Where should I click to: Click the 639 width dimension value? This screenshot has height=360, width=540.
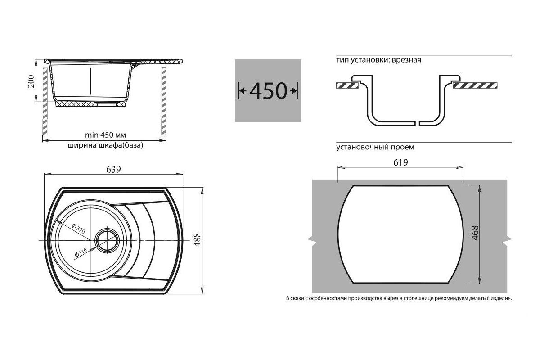tap(113, 170)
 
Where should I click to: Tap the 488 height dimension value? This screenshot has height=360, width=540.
tap(197, 240)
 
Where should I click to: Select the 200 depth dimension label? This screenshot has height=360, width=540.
tap(31, 81)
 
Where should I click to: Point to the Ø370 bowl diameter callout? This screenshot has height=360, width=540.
tap(79, 229)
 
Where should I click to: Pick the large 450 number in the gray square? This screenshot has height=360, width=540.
tap(268, 91)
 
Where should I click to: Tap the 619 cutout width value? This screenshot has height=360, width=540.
tap(400, 162)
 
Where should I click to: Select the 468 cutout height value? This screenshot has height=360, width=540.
tap(475, 233)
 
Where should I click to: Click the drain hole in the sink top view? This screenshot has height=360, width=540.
tap(107, 240)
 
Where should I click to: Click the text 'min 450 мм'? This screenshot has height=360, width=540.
tap(105, 135)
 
